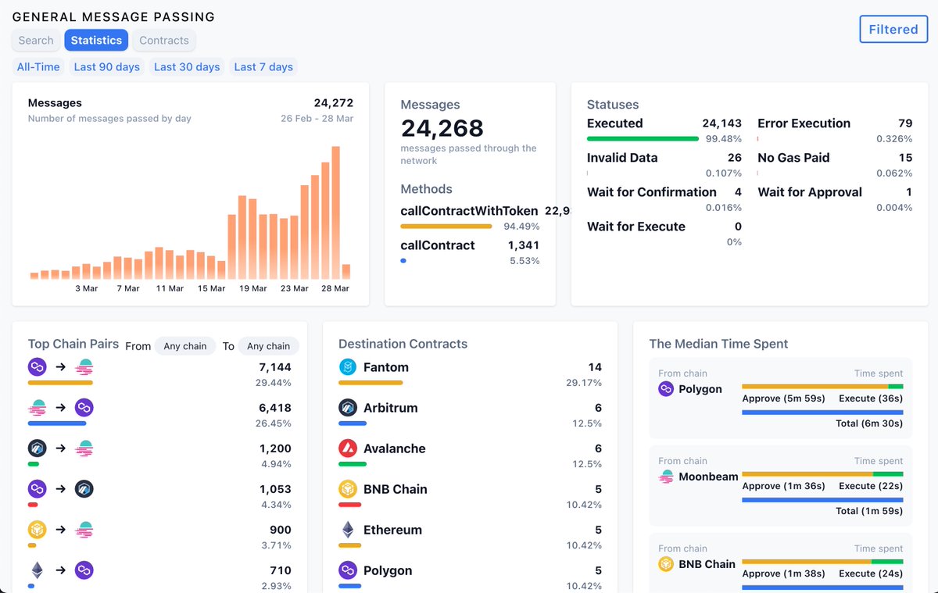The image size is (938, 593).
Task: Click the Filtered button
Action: point(893,29)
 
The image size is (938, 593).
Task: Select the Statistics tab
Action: point(96,40)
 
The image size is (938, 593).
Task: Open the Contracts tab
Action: point(164,40)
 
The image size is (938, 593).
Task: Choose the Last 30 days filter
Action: point(187,67)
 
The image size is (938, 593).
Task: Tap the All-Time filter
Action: point(38,67)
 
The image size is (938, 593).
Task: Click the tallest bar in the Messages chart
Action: point(335,212)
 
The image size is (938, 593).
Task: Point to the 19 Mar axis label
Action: point(253,288)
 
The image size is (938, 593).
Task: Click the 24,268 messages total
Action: point(442,128)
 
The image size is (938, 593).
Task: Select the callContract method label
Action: point(438,245)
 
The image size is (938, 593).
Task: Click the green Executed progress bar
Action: point(643,139)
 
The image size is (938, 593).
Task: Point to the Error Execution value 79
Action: point(905,123)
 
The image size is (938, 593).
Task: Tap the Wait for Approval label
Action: point(810,192)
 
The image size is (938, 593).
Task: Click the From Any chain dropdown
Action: point(184,346)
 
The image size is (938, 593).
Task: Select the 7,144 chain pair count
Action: point(275,367)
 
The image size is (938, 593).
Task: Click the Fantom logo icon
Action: point(348,367)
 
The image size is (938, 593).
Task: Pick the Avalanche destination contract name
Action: point(395,448)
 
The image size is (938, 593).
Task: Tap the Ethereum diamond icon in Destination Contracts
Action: point(348,530)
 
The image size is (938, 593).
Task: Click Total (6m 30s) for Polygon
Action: point(868,423)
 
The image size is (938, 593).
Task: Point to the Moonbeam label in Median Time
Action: point(708,477)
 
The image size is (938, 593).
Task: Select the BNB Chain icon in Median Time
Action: point(666,564)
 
